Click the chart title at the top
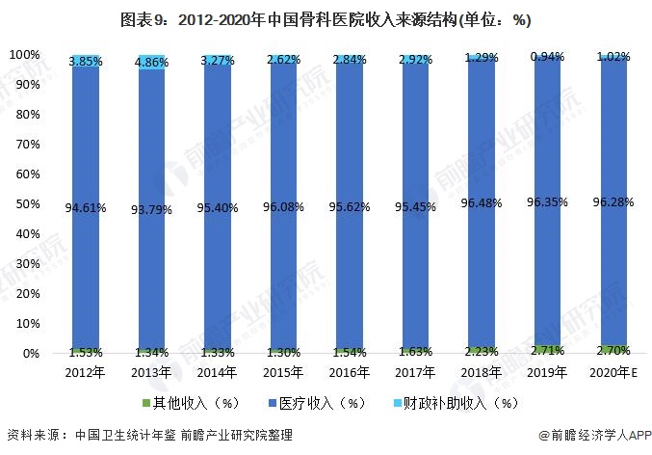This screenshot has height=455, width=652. click(x=326, y=19)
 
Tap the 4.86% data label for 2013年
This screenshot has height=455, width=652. click(x=153, y=62)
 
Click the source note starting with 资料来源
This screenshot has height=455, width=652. click(x=154, y=436)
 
